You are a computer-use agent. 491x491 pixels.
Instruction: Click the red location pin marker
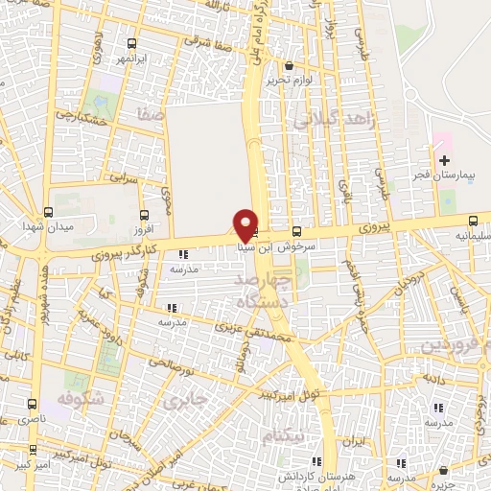click(245, 225)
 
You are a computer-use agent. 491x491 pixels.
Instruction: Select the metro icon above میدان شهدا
click(48, 212)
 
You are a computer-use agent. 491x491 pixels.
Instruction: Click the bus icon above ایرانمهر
click(132, 43)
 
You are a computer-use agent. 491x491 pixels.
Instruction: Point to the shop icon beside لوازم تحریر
click(289, 65)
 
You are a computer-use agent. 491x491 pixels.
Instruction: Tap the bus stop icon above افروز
click(144, 216)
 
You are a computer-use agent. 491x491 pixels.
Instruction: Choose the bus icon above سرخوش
click(295, 230)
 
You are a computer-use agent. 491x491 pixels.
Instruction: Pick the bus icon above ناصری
click(33, 404)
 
